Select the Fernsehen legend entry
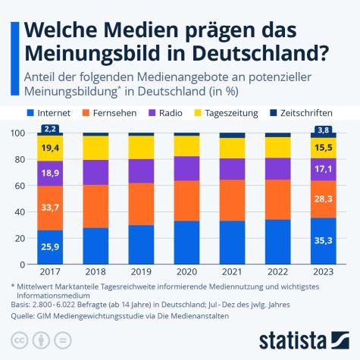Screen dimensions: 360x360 point(113,113)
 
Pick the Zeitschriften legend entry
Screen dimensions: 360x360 point(306,113)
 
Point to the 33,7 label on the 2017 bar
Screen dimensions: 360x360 point(51,207)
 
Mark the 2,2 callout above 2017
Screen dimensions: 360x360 point(51,129)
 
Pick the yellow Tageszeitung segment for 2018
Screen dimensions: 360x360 point(95,148)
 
